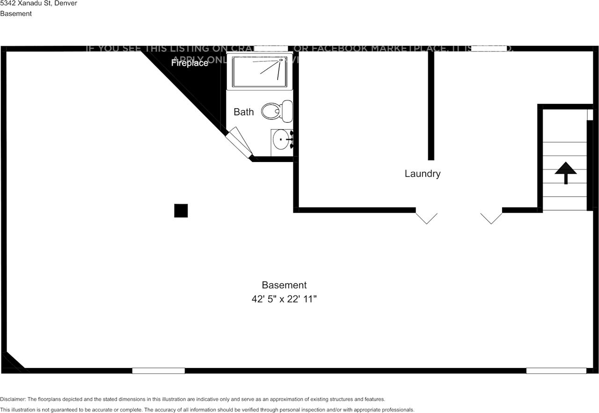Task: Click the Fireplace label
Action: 190,63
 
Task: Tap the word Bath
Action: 244,112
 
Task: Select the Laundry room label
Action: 423,174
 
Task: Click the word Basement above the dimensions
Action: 284,285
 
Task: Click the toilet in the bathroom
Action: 277,111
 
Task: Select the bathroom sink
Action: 282,140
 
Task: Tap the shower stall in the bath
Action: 260,71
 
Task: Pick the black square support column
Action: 181,211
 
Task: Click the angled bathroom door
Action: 239,142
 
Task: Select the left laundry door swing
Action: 426,218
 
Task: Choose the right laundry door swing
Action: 491,218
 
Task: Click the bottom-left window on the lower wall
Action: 158,370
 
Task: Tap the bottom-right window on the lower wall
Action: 556,370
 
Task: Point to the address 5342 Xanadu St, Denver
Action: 38,3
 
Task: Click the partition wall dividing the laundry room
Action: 431,105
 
